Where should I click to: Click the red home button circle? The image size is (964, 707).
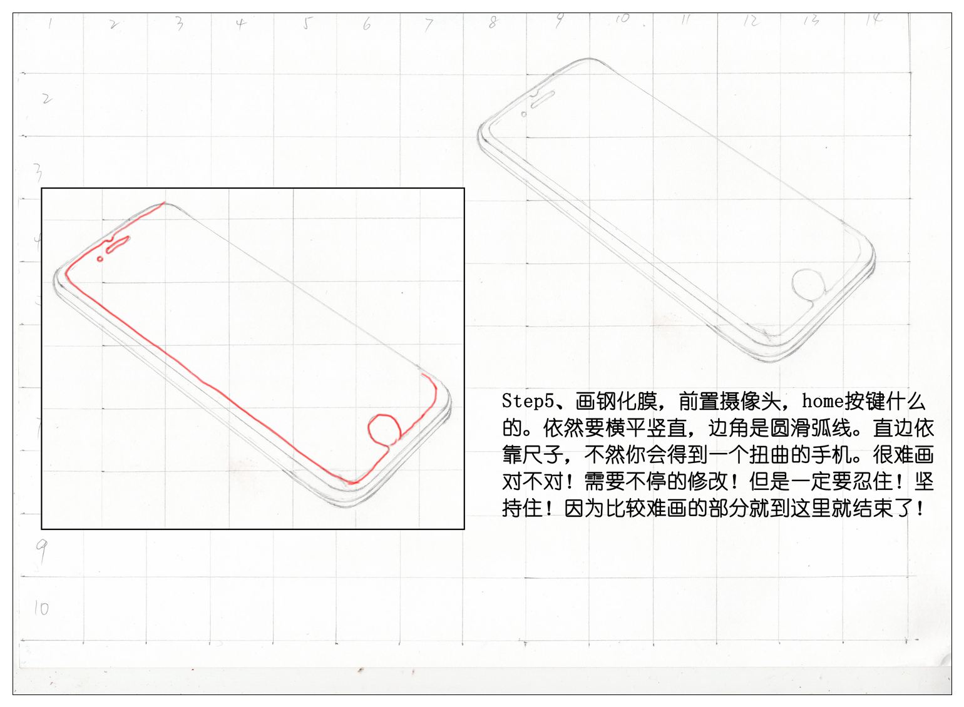pyautogui.click(x=384, y=429)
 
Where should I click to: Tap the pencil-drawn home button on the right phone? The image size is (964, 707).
pyautogui.click(x=809, y=285)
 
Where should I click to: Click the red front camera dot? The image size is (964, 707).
pyautogui.click(x=100, y=258)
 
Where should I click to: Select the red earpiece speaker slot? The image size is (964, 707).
pyautogui.click(x=118, y=245)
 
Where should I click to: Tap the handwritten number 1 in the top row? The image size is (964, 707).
pyautogui.click(x=51, y=24)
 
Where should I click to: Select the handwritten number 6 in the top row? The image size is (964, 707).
pyautogui.click(x=367, y=24)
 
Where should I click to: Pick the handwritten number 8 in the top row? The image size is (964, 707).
pyautogui.click(x=493, y=23)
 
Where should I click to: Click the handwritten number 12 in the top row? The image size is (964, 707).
pyautogui.click(x=750, y=21)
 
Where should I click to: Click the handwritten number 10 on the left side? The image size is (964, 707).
pyautogui.click(x=41, y=608)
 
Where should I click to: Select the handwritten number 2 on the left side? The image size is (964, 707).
pyautogui.click(x=46, y=98)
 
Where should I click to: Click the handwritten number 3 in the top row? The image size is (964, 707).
pyautogui.click(x=180, y=24)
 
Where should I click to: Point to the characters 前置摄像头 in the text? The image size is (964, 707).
pyautogui.click(x=729, y=401)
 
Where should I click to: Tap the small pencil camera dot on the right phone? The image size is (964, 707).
pyautogui.click(x=524, y=114)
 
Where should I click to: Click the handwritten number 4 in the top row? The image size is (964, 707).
pyautogui.click(x=241, y=24)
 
